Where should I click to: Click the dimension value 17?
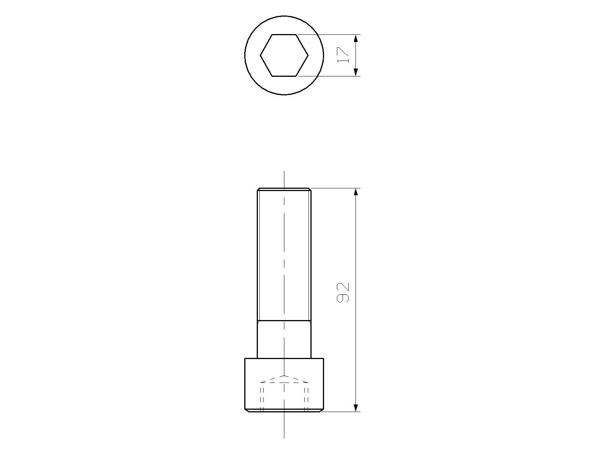343,55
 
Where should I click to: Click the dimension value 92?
343,293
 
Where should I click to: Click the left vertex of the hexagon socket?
261,55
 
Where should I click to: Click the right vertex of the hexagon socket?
308,55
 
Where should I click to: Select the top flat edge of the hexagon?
284,34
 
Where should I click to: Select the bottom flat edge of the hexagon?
284,76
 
